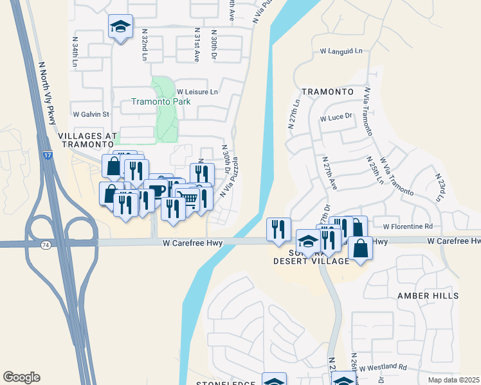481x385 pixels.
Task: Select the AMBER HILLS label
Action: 428,296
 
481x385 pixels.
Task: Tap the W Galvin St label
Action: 91,114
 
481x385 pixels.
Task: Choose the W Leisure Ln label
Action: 198,92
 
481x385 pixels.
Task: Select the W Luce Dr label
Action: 337,117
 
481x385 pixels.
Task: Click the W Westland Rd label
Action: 383,368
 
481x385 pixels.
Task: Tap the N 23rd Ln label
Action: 440,188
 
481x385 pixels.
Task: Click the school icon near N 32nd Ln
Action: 120,27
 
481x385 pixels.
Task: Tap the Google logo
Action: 21,377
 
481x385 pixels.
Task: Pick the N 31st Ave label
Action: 196,45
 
